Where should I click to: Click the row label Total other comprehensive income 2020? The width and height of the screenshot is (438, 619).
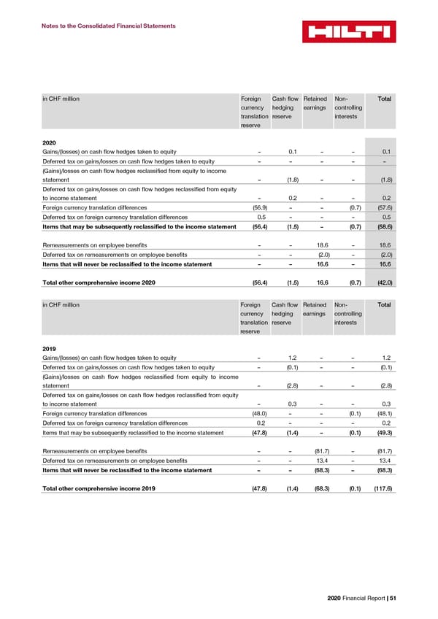point(99,282)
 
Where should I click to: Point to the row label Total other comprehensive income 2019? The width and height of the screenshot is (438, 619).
point(99,488)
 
